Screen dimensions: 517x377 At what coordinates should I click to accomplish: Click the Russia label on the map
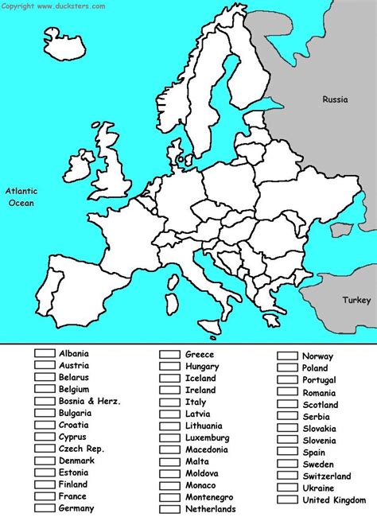pyautogui.click(x=334, y=99)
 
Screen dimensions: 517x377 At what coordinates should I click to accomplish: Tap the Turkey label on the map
pyautogui.click(x=356, y=300)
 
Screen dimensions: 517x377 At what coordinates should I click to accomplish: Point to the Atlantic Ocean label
pyautogui.click(x=22, y=196)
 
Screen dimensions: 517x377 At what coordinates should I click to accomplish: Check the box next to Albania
pyautogui.click(x=45, y=353)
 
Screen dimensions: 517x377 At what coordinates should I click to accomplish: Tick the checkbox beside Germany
pyautogui.click(x=45, y=508)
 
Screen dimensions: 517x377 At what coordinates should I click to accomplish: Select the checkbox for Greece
pyautogui.click(x=170, y=355)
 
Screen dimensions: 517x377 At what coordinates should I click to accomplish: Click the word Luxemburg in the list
pyautogui.click(x=208, y=438)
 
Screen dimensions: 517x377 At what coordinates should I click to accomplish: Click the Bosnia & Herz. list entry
pyautogui.click(x=90, y=402)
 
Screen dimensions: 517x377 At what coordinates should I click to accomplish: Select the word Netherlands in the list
pyautogui.click(x=211, y=509)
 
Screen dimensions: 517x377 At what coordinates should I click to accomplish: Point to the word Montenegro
pyautogui.click(x=211, y=497)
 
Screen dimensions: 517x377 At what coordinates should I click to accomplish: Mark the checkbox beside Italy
pyautogui.click(x=170, y=402)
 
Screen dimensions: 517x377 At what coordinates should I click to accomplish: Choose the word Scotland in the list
pyautogui.click(x=321, y=404)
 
